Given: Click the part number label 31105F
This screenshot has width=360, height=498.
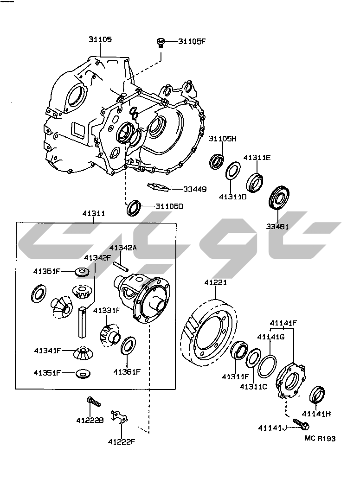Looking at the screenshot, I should point(192,41).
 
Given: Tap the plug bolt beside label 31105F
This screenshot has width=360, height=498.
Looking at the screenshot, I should point(161,43).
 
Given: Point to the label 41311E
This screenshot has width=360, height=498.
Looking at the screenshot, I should point(257,158).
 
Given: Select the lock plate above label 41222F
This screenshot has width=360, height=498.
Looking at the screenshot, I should point(119,416).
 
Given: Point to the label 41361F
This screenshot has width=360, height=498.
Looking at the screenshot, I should point(126,371).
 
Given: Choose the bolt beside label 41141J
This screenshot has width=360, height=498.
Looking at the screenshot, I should point(301,424).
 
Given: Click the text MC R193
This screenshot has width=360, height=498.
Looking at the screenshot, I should point(320,438).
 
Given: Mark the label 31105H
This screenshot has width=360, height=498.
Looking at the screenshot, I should point(222,139).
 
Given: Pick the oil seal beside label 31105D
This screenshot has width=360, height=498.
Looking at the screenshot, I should point(134,207).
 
